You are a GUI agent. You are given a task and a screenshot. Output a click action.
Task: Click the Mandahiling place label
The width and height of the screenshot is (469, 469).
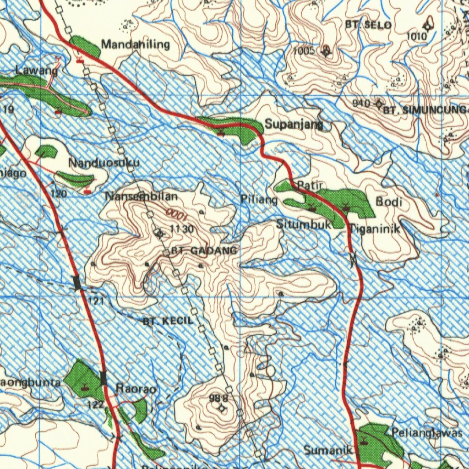[136, 44]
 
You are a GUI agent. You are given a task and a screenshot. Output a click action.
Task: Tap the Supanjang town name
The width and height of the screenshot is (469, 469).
[294, 124]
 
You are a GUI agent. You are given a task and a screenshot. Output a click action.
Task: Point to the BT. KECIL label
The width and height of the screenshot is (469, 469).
[168, 321]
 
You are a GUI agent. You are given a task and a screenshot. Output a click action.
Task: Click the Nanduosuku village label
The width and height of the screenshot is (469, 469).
[104, 163]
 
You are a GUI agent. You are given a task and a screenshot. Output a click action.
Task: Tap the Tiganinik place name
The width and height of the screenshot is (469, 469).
[375, 229]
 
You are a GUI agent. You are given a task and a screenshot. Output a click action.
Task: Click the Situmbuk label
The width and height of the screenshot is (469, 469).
[304, 224]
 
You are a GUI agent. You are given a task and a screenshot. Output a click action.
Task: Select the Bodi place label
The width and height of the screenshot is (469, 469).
[389, 202]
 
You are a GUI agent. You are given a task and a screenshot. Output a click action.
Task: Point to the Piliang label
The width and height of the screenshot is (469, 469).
[259, 200]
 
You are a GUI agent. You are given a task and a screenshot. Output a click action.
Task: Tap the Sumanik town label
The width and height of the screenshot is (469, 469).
[328, 450]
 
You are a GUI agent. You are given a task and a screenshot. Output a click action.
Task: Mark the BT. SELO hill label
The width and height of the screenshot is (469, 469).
[371, 25]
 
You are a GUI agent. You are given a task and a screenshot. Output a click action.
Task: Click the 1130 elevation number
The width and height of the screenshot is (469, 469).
[182, 229]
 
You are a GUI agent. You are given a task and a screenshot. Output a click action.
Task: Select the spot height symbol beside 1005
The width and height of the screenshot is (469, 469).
[326, 51]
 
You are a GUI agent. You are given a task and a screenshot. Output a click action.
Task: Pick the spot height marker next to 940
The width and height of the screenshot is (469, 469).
[378, 104]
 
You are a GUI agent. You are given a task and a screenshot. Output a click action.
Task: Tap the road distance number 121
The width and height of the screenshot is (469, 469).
[97, 300]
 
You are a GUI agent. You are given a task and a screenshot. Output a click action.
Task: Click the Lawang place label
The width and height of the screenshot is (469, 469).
[37, 71]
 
